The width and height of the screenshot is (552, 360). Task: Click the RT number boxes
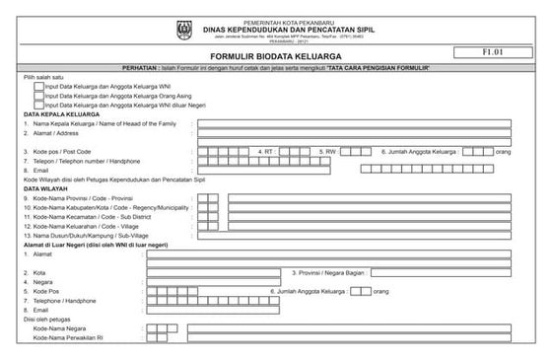[x=294, y=151]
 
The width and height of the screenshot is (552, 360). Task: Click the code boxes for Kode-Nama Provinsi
[x=207, y=198]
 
